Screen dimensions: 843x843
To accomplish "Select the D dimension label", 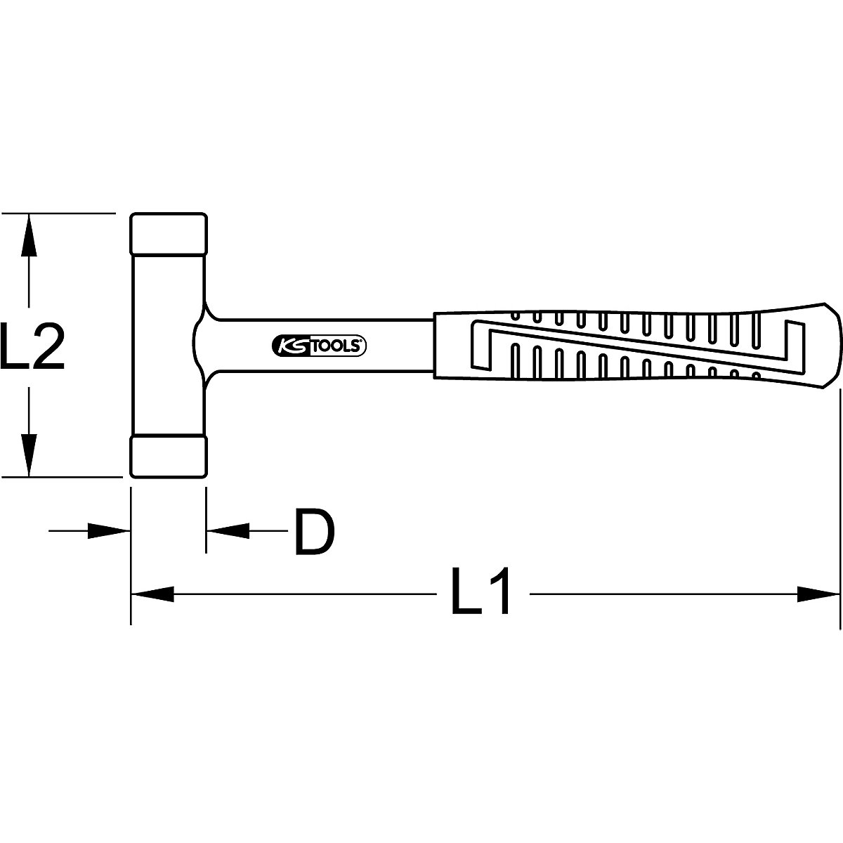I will (x=313, y=532).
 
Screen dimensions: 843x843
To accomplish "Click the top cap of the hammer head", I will (x=168, y=233).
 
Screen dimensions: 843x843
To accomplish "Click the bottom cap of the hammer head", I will (x=168, y=457).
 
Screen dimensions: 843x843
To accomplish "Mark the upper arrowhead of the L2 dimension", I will (x=28, y=235).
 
